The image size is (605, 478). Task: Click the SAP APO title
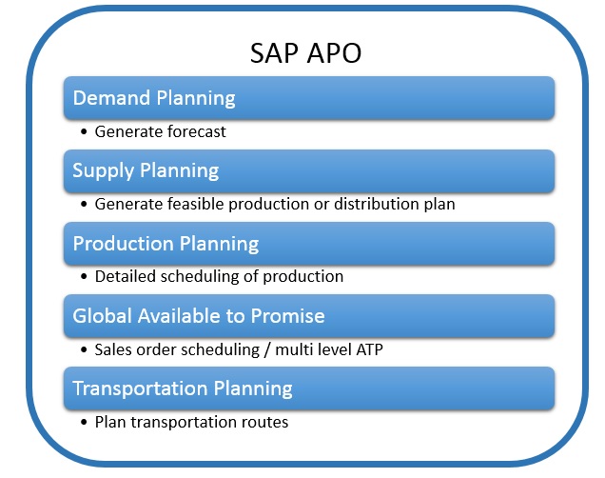305,53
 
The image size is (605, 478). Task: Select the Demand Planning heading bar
309,98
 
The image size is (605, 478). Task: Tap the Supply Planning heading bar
309,170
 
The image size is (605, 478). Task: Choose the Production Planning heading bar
309,243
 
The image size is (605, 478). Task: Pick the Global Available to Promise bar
309,316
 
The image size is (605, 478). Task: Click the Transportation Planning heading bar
309,388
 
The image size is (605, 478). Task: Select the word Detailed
125,276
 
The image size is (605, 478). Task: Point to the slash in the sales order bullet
267,350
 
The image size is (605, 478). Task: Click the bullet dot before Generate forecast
84,132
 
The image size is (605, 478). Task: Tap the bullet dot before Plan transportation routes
84,423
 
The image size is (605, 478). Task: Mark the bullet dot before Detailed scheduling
84,277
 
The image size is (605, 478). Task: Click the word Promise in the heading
288,316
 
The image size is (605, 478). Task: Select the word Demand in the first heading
111,98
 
